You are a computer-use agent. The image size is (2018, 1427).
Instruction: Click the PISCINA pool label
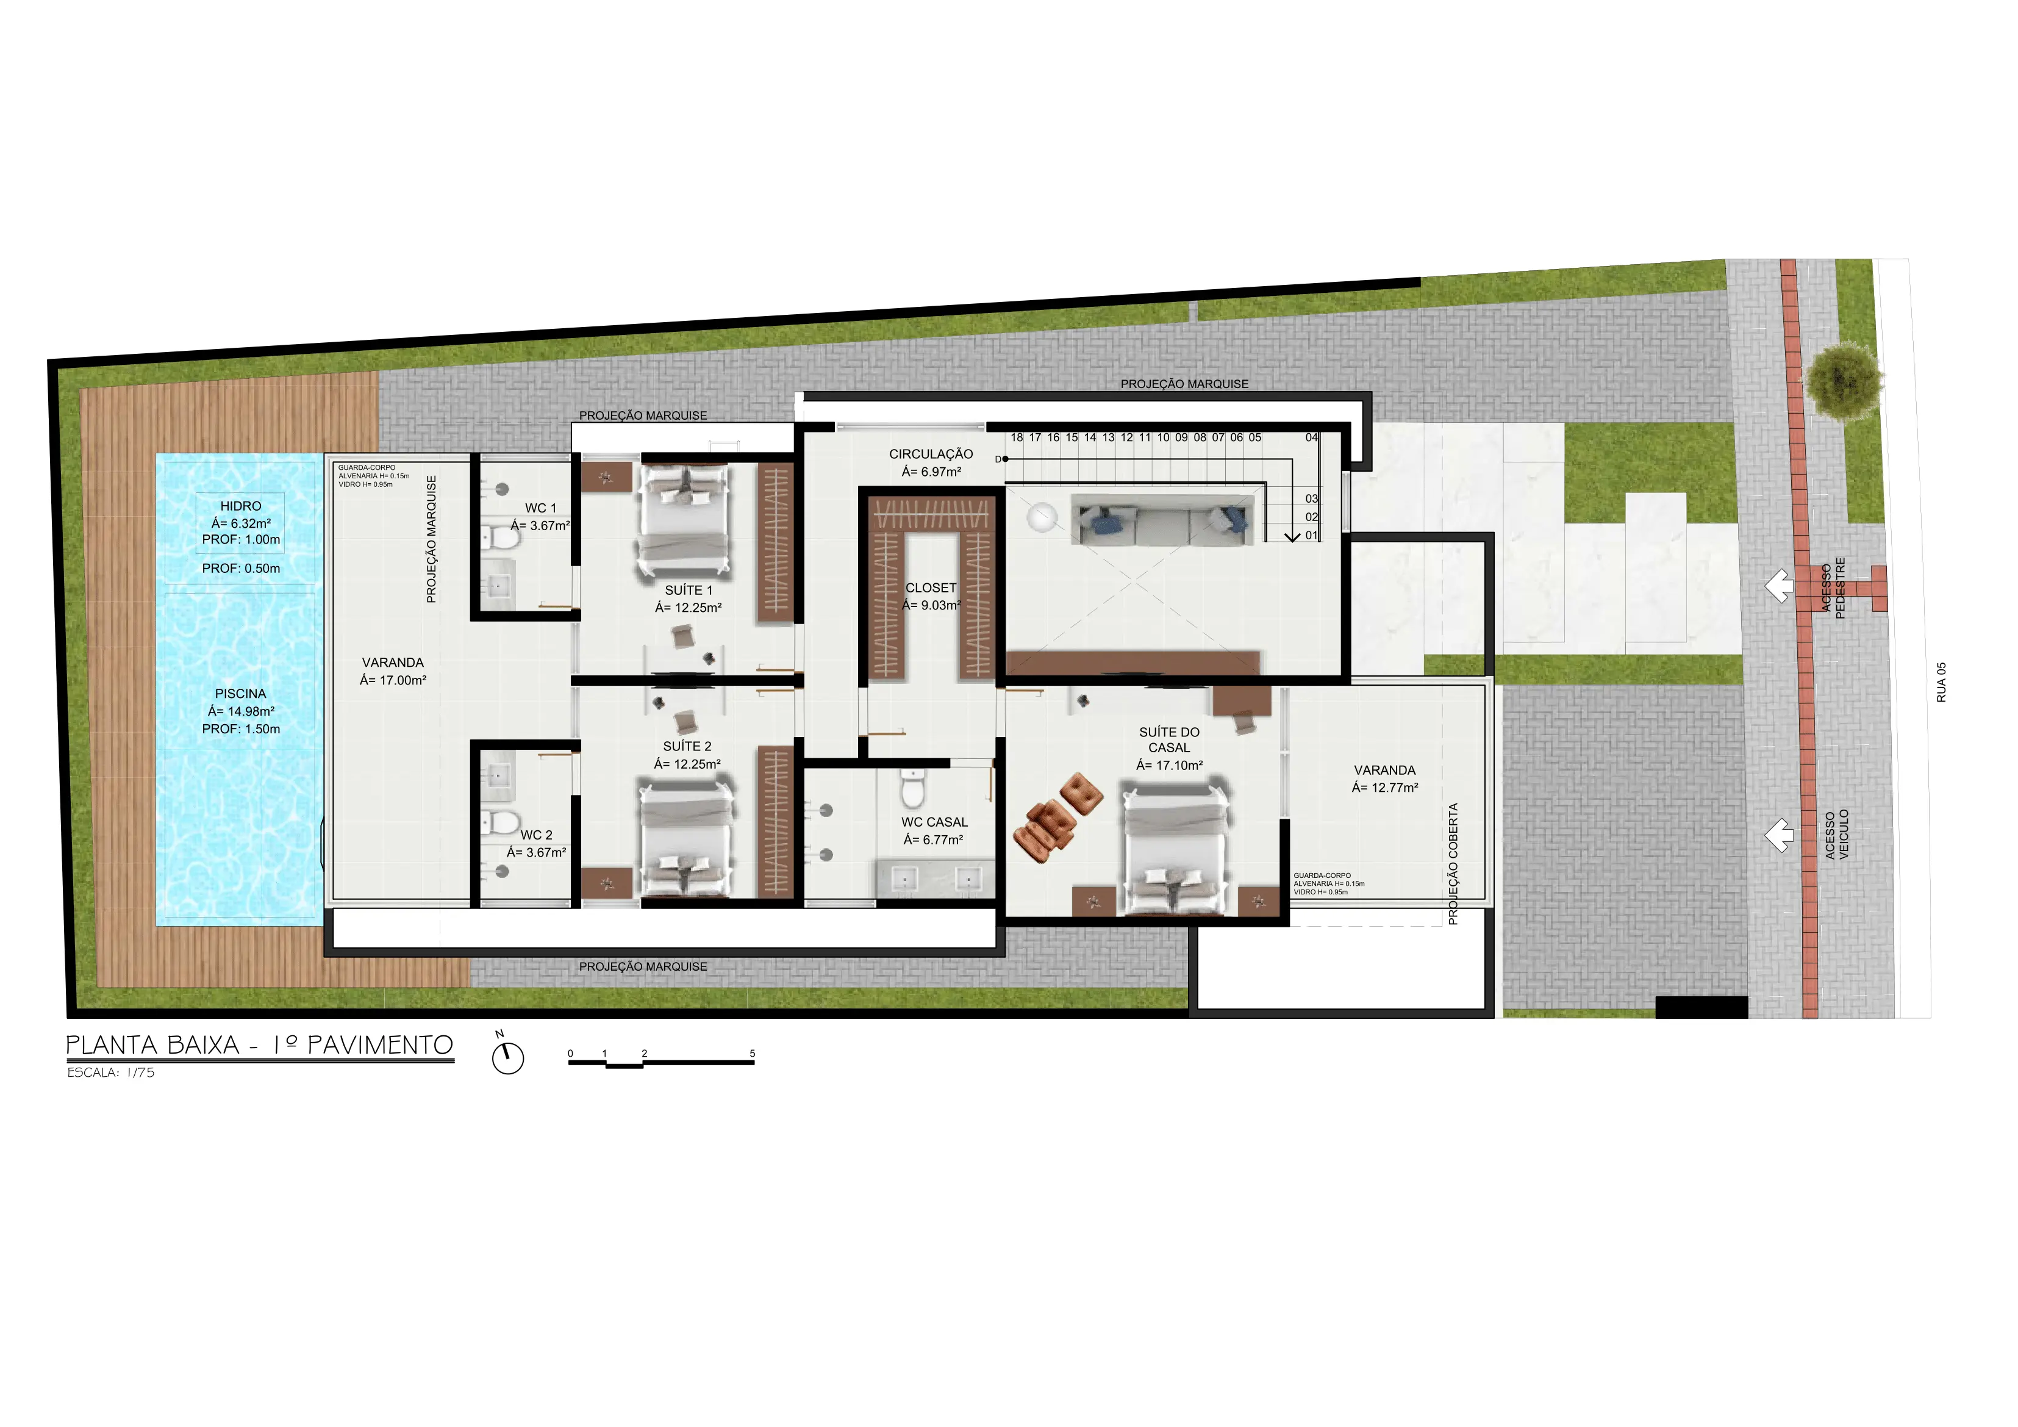pyautogui.click(x=240, y=694)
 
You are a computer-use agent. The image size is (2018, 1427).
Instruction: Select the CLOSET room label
pyautogui.click(x=931, y=588)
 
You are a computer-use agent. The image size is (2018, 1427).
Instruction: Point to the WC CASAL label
pyautogui.click(x=934, y=822)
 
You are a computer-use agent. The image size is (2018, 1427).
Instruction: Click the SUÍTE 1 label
pyautogui.click(x=688, y=590)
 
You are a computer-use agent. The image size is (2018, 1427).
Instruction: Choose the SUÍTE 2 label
pyautogui.click(x=687, y=747)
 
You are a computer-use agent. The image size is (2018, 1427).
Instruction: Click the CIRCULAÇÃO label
pyautogui.click(x=931, y=454)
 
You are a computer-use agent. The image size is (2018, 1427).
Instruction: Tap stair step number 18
pyautogui.click(x=1017, y=437)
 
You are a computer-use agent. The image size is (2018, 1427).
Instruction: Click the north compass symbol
pyautogui.click(x=507, y=1054)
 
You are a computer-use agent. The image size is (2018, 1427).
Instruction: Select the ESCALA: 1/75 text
pyautogui.click(x=111, y=1073)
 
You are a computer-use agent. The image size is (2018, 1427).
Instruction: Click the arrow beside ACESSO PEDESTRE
pyautogui.click(x=1779, y=586)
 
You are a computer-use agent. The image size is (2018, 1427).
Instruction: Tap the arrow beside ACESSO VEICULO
pyautogui.click(x=1779, y=835)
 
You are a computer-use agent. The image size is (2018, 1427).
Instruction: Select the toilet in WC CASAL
pyautogui.click(x=913, y=788)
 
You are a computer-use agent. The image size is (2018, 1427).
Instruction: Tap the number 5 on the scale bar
pyautogui.click(x=753, y=1054)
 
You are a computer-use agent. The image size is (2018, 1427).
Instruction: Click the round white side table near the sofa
pyautogui.click(x=1042, y=517)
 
